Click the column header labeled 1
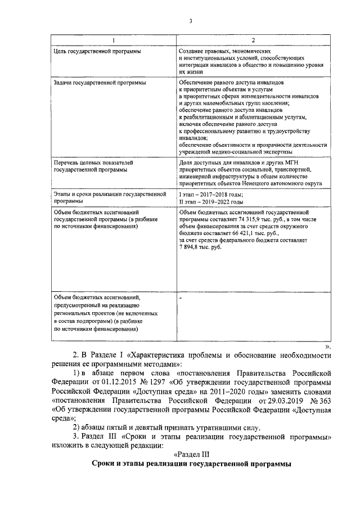pyautogui.click(x=112, y=40)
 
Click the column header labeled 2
pyautogui.click(x=253, y=40)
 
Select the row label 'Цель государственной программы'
pyautogui.click(x=97, y=51)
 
